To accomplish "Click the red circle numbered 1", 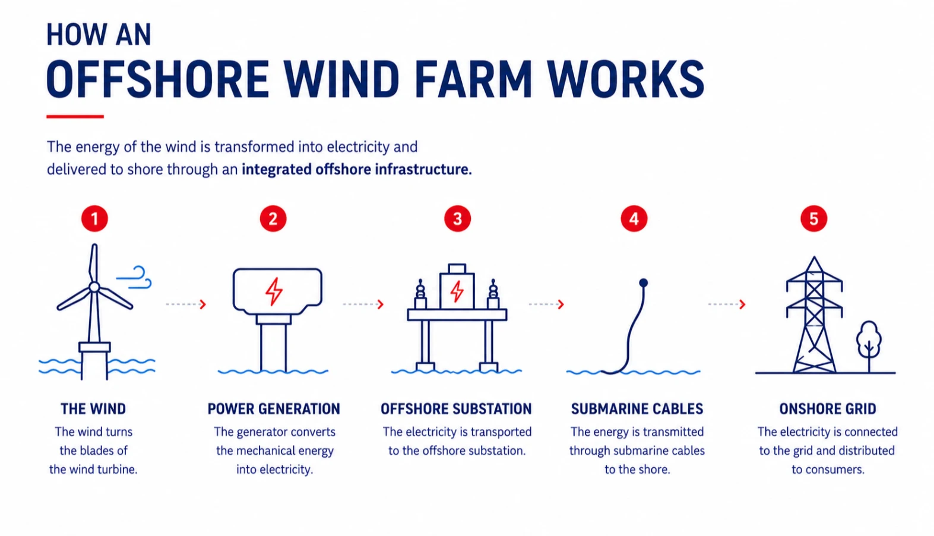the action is point(94,218).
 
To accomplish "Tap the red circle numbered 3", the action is point(457,218).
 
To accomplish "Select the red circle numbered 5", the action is point(813,218).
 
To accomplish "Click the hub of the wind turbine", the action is point(94,287).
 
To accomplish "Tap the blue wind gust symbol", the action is point(134,277).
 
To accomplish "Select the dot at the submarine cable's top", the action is point(644,283).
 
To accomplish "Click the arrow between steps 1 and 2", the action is point(186,305).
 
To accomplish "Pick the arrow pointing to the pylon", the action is point(727,305).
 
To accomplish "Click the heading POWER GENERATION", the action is point(274,409).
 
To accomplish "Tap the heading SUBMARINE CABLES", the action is point(637,409).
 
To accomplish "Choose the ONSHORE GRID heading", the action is point(828,409).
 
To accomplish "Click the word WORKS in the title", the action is point(626,79).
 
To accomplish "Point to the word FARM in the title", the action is point(473,79).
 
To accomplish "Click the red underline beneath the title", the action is point(75,117).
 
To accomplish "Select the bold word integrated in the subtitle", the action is point(277,170).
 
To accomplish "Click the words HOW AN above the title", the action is point(99,34).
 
